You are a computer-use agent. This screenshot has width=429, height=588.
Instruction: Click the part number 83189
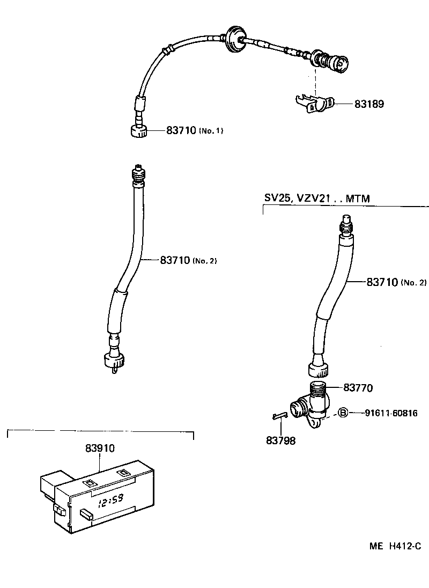point(369,104)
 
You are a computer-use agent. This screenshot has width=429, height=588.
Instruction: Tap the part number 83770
point(358,387)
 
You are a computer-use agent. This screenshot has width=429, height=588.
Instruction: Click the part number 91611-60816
point(391,413)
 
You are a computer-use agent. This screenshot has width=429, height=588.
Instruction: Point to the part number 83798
point(280,440)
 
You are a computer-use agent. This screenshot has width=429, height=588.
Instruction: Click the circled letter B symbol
point(344,413)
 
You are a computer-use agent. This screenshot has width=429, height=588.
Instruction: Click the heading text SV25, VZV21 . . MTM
point(317,198)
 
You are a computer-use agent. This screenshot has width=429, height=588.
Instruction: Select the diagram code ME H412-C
point(395,546)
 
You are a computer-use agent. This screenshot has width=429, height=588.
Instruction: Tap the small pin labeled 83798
point(279,415)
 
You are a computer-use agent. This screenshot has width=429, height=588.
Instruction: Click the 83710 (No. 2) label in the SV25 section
point(396,282)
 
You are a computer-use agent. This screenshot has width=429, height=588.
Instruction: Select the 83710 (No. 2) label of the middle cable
point(188,260)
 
